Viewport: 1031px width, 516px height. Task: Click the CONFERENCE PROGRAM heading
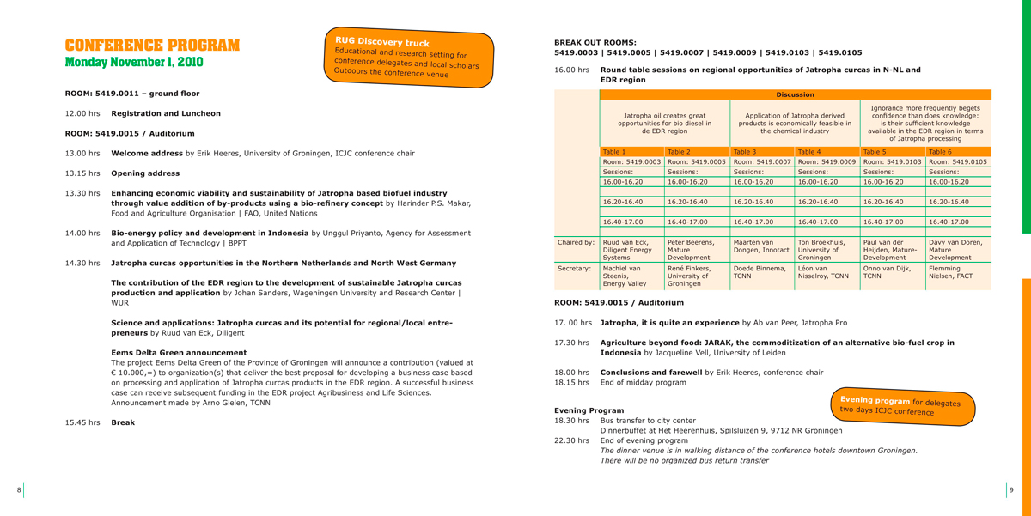click(x=152, y=46)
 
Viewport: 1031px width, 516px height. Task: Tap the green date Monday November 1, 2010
click(x=134, y=63)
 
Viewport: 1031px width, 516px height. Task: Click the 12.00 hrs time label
click(x=82, y=113)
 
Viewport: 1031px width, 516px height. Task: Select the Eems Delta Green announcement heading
click(x=179, y=352)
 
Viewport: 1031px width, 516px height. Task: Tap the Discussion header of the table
click(x=795, y=94)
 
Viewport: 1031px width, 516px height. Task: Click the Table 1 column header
click(x=614, y=152)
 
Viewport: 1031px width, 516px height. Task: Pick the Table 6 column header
click(x=940, y=152)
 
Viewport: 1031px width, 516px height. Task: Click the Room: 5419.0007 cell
click(x=762, y=161)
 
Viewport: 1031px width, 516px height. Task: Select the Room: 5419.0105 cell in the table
click(x=957, y=161)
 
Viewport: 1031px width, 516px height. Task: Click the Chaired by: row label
click(x=576, y=242)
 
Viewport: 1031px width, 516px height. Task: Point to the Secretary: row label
click(x=575, y=269)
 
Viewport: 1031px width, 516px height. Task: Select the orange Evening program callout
click(x=901, y=405)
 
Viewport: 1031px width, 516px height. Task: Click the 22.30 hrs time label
click(x=571, y=440)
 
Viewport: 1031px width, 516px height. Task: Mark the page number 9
click(x=1011, y=489)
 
